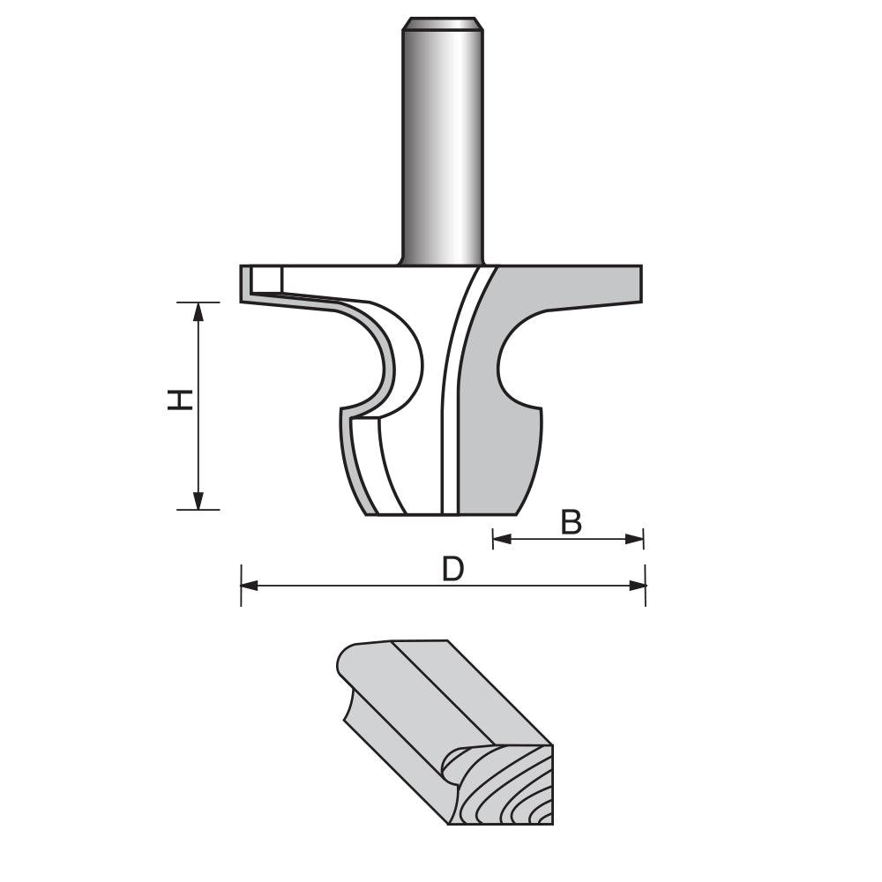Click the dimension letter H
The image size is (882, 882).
point(180,400)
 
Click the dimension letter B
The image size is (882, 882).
point(572,523)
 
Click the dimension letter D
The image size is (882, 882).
point(452,570)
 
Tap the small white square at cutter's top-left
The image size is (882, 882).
point(265,280)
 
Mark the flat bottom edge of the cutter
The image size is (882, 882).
point(441,514)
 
